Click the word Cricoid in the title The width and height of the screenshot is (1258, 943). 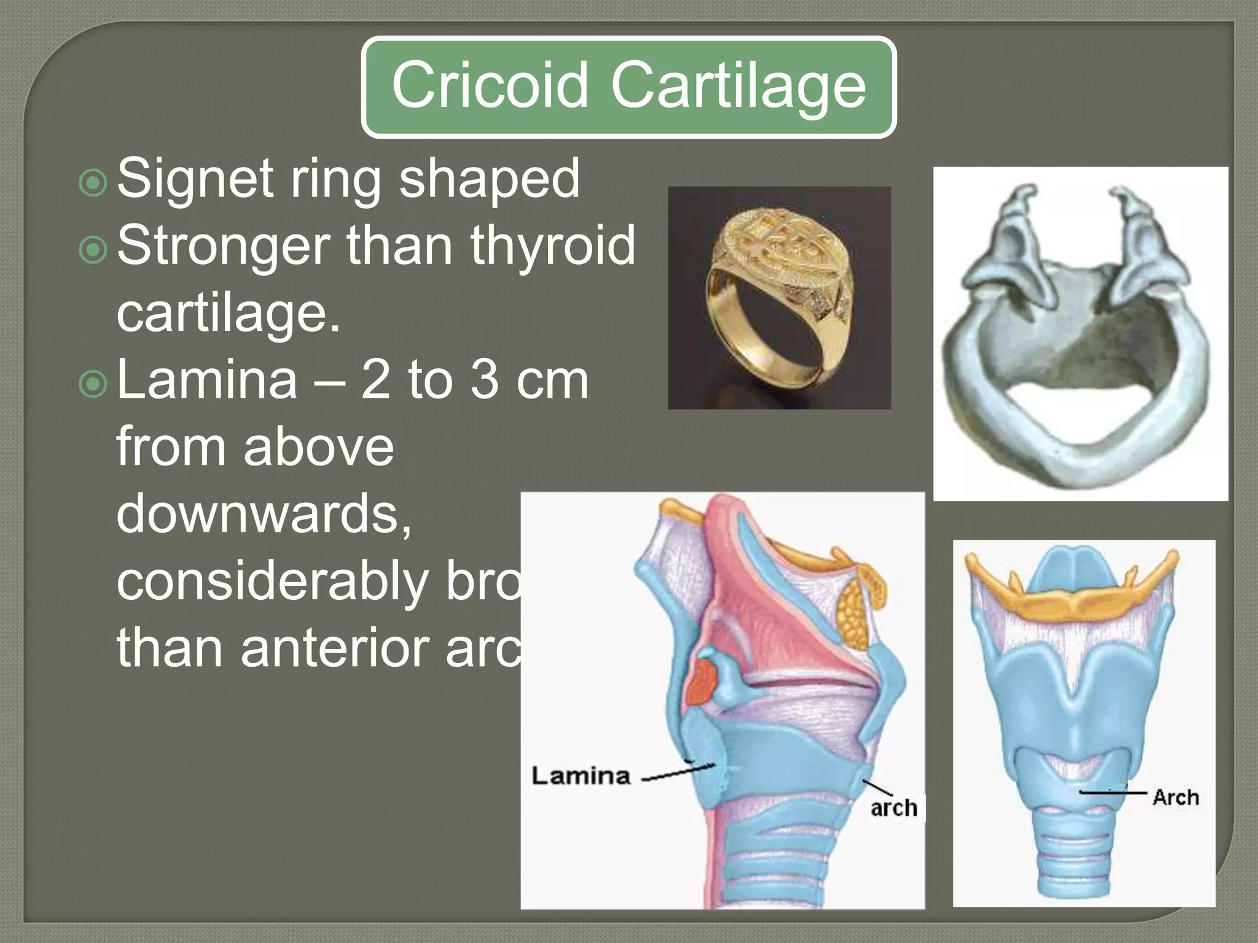click(490, 86)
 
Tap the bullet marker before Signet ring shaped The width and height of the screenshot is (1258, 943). click(93, 182)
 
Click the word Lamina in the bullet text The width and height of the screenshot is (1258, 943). click(207, 380)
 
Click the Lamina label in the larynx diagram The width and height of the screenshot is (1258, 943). click(581, 776)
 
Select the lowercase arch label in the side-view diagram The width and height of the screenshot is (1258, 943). click(894, 808)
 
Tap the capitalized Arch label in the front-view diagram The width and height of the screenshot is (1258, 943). click(1175, 797)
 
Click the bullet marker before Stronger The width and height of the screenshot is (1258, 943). click(93, 249)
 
